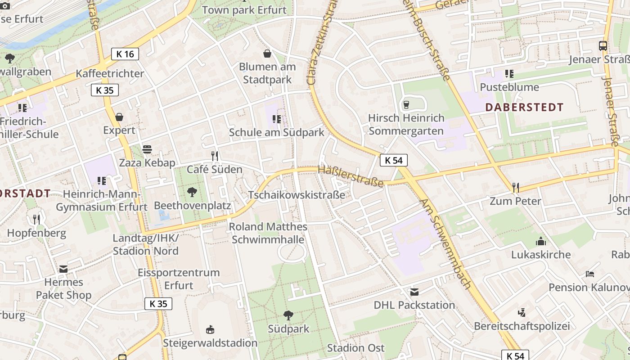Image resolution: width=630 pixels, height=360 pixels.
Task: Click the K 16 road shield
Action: (x=125, y=54)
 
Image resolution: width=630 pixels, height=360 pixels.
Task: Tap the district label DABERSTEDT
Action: (x=525, y=107)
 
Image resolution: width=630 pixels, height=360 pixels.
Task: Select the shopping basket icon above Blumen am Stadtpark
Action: (x=267, y=54)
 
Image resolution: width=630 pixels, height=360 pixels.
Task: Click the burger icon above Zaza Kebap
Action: (x=147, y=149)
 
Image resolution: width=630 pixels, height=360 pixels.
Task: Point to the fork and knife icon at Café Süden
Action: (x=215, y=156)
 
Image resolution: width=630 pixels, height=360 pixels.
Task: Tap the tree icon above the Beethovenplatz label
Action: (x=192, y=192)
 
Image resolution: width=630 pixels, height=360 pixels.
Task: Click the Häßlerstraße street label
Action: (x=351, y=176)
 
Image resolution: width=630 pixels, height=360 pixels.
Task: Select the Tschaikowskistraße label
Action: (x=297, y=195)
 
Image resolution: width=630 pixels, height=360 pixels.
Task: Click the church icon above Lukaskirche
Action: (x=541, y=241)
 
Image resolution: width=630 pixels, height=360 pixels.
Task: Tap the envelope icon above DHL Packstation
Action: (x=414, y=292)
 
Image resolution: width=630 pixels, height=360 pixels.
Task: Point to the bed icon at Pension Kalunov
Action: (x=590, y=274)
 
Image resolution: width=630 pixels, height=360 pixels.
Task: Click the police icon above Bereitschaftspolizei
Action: (x=522, y=312)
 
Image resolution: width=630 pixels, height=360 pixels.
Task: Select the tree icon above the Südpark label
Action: (x=288, y=315)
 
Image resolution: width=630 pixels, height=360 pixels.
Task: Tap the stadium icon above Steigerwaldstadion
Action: (x=210, y=330)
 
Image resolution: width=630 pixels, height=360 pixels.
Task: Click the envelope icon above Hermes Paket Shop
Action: (x=63, y=269)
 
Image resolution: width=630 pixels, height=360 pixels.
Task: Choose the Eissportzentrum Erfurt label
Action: (x=179, y=279)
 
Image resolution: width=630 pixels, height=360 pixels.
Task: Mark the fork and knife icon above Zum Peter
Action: (x=515, y=187)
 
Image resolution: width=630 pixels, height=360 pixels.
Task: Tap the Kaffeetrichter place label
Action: (x=110, y=73)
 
